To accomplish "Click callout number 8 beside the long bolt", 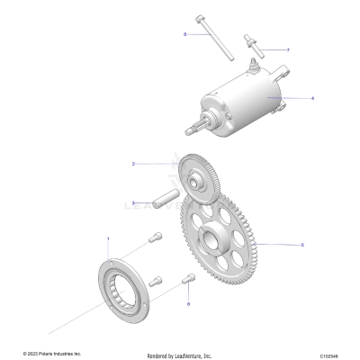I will (x=184, y=34).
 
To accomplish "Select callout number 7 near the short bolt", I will (x=287, y=49).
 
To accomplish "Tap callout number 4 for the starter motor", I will (x=311, y=97).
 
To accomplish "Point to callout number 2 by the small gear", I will (x=133, y=164).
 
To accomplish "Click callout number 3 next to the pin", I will (x=133, y=203).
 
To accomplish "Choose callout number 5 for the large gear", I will (x=301, y=244).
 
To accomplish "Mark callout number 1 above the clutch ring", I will (x=108, y=238).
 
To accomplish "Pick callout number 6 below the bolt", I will (x=188, y=304).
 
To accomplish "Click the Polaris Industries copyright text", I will (x=51, y=354).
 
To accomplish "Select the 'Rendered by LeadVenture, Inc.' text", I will (x=179, y=355).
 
